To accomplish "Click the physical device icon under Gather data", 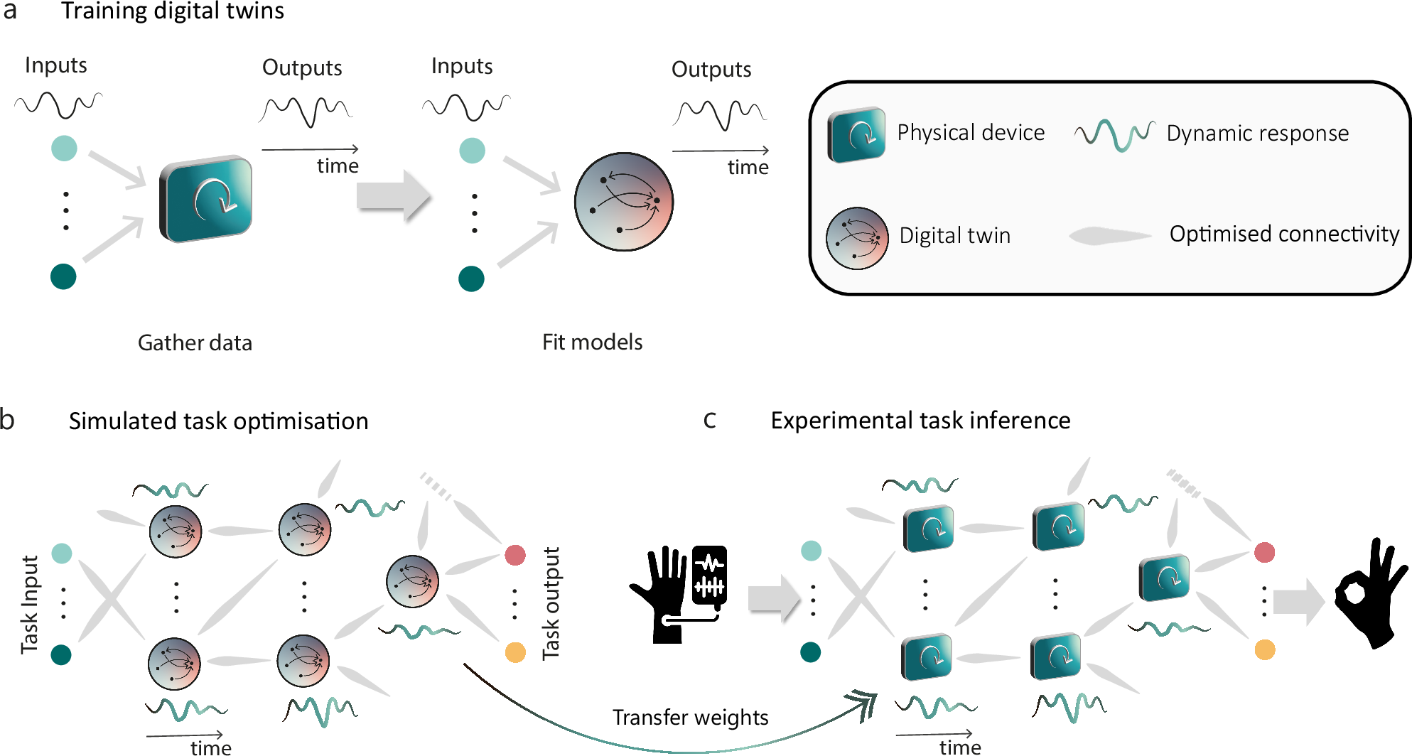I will [206, 199].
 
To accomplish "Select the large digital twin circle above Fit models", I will [623, 202].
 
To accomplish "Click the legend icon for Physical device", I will [856, 134].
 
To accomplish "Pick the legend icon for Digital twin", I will [857, 238].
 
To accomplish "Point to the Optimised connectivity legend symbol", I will [1110, 235].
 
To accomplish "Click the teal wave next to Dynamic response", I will [1114, 134].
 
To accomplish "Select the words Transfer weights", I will [690, 718].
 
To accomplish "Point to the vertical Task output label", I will [551, 603].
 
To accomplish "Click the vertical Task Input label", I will [29, 604].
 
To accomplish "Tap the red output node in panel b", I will [515, 555].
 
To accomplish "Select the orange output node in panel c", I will [1264, 649].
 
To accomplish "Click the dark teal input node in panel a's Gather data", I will [63, 276].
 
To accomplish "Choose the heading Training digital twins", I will [173, 11].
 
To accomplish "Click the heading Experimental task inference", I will [920, 421].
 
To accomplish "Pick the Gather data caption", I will [195, 343].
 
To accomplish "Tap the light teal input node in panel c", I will [811, 551].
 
